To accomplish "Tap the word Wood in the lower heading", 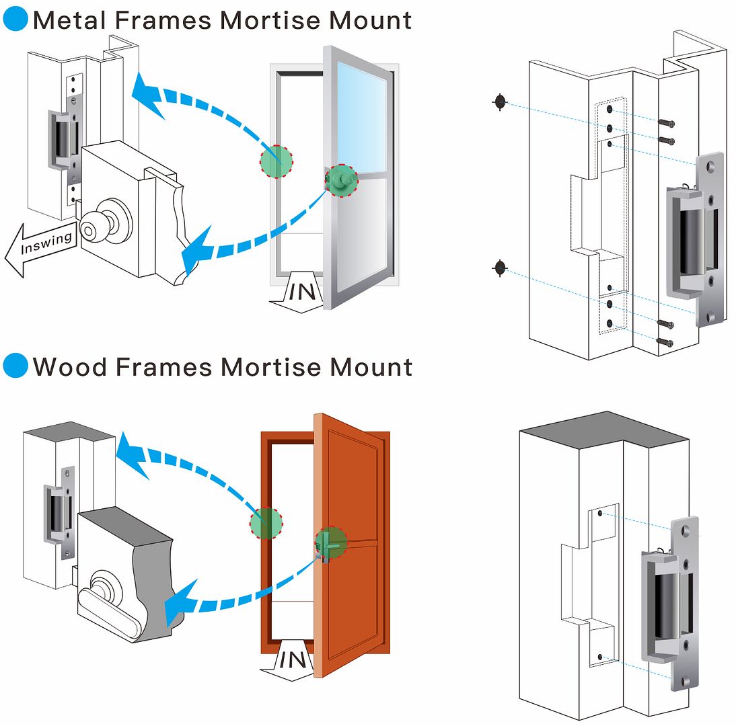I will [69, 367].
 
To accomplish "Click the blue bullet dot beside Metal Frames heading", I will [15, 20].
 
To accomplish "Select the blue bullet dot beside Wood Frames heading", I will [15, 366].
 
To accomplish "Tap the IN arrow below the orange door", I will [291, 661].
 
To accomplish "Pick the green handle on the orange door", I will [330, 543].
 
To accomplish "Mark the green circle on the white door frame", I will [277, 161].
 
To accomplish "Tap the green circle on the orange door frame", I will [266, 522].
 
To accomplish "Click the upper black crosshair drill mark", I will [499, 103].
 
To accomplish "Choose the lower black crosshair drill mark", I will [499, 268].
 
